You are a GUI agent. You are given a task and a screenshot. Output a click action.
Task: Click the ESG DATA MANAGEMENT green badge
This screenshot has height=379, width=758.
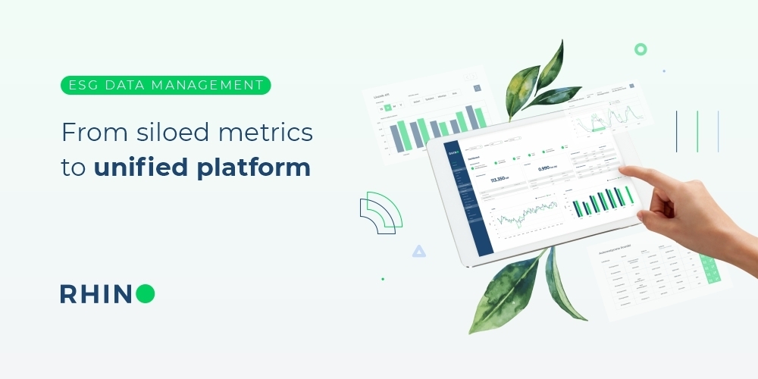tap(165, 85)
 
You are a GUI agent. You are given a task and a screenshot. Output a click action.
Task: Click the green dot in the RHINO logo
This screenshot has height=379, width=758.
tap(146, 294)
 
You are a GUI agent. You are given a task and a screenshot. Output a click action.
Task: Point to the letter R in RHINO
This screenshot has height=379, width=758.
tap(68, 294)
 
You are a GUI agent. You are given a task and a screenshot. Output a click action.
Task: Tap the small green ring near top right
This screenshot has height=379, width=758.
tap(641, 49)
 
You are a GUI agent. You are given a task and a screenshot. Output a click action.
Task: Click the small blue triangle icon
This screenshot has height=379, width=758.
tap(418, 251)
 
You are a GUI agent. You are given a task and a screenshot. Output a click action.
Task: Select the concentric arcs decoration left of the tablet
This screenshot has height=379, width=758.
tap(381, 212)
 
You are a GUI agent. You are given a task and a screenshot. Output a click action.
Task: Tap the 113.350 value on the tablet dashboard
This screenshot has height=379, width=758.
tap(501, 180)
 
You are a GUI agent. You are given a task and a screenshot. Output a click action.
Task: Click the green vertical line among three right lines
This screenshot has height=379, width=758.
tap(697, 131)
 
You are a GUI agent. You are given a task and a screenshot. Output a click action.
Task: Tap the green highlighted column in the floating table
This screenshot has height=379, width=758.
tap(710, 269)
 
